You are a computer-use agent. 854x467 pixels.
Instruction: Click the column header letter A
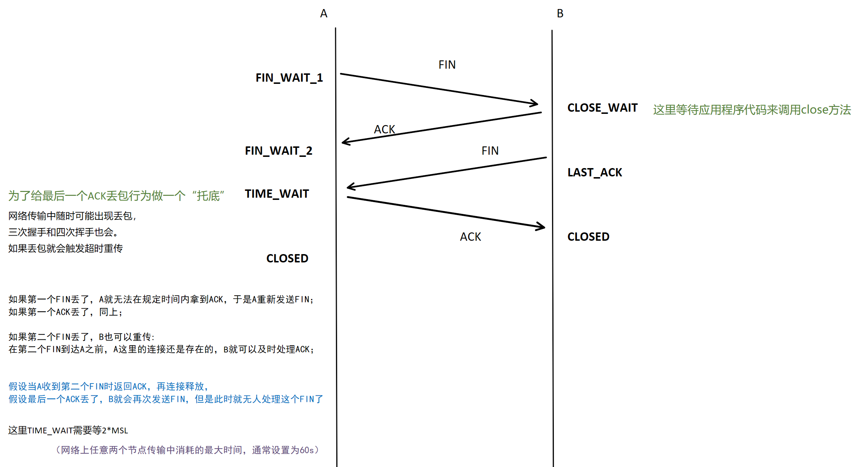324,14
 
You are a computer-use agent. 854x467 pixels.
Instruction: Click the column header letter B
560,14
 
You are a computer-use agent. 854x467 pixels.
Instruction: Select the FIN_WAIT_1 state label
289,78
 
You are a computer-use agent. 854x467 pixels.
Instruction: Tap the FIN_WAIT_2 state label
279,151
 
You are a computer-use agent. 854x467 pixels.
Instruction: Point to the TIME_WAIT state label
277,194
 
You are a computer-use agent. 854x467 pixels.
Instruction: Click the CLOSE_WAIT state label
602,108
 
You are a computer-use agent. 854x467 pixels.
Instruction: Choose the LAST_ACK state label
595,172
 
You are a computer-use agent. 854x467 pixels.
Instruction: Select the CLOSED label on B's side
588,237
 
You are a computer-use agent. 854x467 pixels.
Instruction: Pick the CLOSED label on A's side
287,258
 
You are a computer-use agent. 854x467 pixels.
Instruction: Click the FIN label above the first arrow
447,65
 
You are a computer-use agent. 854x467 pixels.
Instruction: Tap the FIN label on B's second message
490,151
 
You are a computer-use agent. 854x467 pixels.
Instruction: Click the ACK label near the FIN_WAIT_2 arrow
384,129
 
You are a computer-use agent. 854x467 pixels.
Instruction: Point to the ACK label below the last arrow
470,237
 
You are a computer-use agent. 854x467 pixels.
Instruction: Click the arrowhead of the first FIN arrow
536,103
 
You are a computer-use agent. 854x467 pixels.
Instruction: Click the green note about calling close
752,110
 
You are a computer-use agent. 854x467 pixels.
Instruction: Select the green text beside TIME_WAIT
116,196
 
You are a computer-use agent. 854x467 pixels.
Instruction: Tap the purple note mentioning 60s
187,450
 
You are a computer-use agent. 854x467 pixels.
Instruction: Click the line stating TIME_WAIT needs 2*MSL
68,430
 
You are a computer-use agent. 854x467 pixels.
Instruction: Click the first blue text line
109,386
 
